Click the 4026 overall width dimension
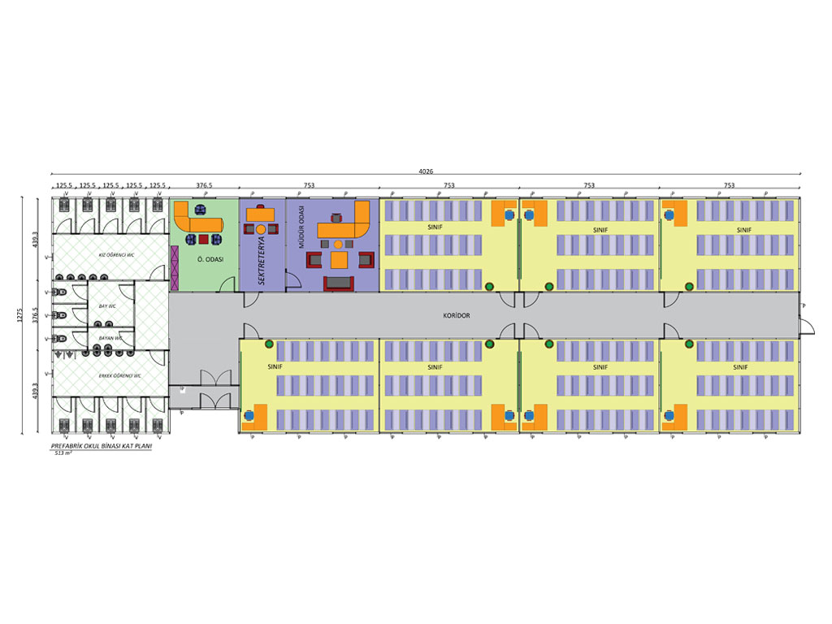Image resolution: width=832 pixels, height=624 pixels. coord(427,170)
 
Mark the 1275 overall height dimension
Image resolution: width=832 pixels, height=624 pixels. coord(20,315)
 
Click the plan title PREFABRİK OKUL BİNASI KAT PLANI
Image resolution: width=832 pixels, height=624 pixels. coord(101,447)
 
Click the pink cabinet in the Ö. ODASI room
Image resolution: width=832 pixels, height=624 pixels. coord(174,266)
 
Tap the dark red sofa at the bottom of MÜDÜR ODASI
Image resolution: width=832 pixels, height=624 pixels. coord(339,283)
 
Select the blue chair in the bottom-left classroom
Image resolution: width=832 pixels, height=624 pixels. coord(249,415)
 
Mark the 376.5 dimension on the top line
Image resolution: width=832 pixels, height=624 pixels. coord(204,185)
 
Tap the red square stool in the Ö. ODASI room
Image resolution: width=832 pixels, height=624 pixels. coord(204,240)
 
